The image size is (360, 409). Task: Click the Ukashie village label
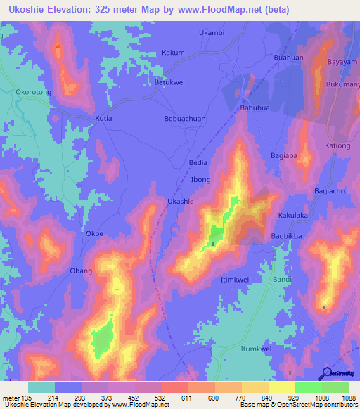click(x=179, y=201)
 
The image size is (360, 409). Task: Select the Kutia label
click(x=103, y=119)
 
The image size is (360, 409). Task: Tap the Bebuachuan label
click(x=185, y=119)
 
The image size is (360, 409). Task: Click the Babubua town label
click(x=255, y=109)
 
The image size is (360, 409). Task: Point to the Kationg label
click(x=337, y=145)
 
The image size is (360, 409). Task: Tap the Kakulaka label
click(x=294, y=217)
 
